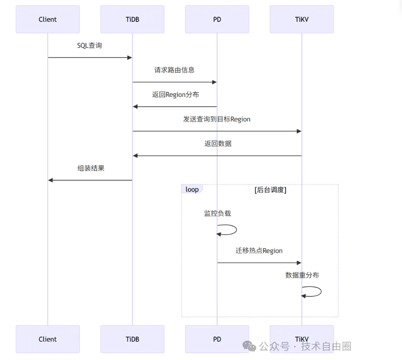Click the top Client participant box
click(48, 20)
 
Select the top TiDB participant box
click(132, 20)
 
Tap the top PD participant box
click(217, 20)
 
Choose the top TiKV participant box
click(301, 20)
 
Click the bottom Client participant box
click(48, 339)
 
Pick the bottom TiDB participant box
click(132, 339)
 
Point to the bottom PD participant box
click(217, 339)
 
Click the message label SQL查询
click(90, 46)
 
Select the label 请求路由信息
click(174, 70)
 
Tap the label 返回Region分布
click(175, 95)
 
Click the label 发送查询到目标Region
click(217, 119)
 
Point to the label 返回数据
click(218, 143)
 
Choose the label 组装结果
click(91, 168)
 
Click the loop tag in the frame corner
click(192, 189)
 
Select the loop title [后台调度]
click(270, 190)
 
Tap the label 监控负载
click(218, 213)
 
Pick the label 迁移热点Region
click(259, 251)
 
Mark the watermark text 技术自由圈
click(326, 346)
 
